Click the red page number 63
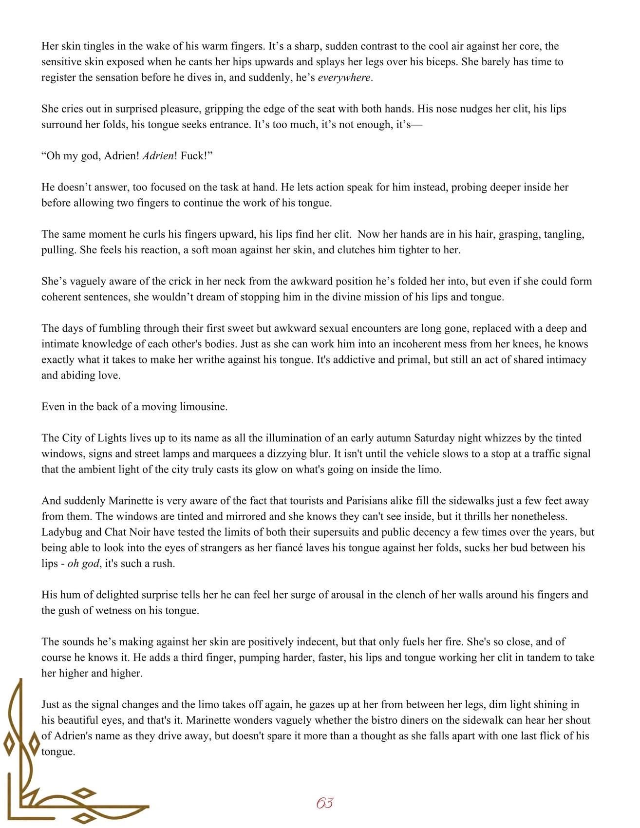click(x=324, y=803)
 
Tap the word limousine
click(x=203, y=407)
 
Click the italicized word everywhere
click(x=345, y=77)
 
